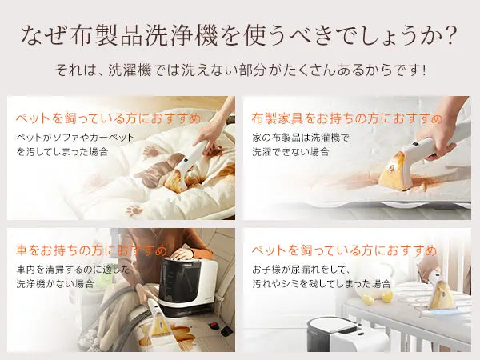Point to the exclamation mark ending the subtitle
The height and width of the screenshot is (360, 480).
(422, 70)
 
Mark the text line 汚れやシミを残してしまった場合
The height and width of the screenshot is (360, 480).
(322, 283)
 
